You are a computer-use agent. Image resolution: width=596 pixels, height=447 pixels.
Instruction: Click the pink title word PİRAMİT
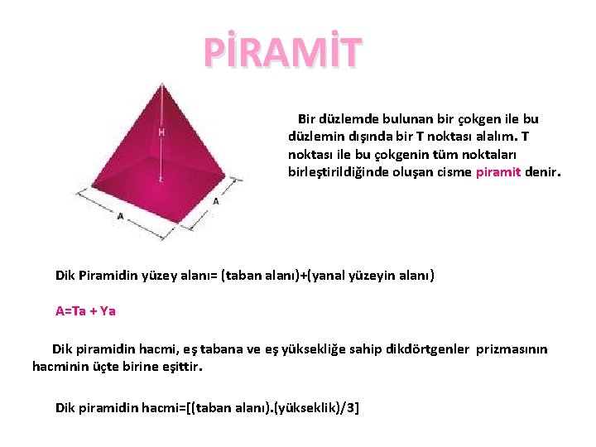tap(283, 51)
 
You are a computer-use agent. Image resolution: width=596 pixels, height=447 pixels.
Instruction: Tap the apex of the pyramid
tap(163, 81)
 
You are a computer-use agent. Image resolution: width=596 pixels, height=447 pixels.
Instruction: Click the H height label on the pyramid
tap(161, 132)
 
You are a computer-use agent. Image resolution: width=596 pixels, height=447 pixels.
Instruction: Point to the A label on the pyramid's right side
tap(216, 201)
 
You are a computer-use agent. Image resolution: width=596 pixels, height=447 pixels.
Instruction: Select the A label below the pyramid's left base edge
tap(121, 216)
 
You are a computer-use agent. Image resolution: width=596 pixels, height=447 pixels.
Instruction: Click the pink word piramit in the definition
tap(498, 172)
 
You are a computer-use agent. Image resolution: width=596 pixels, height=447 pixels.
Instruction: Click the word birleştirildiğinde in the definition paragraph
tap(336, 172)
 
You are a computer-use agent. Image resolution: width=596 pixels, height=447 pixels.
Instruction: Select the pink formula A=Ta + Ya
tap(85, 311)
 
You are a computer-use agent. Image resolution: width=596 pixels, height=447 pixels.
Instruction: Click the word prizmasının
tap(512, 349)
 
